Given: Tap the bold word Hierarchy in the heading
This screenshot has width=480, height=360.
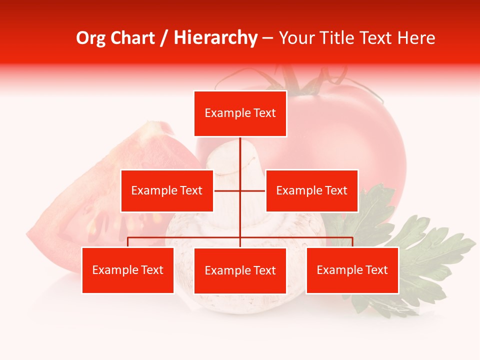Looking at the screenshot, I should pos(215,38).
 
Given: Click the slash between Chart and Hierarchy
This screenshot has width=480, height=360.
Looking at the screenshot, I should pos(164,38).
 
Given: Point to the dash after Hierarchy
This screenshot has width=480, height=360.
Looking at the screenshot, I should pos(267,38).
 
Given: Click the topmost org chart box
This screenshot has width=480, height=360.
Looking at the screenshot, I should pos(240,113).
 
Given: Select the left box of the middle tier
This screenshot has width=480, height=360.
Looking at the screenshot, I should pos(167,190).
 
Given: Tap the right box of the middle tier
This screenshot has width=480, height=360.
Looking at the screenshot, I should pos(311,190).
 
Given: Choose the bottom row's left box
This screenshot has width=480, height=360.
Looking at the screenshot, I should pos(128,270).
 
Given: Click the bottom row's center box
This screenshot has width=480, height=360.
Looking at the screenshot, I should pos(240,270).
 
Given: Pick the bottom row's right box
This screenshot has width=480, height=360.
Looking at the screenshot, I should pos(352,270).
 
